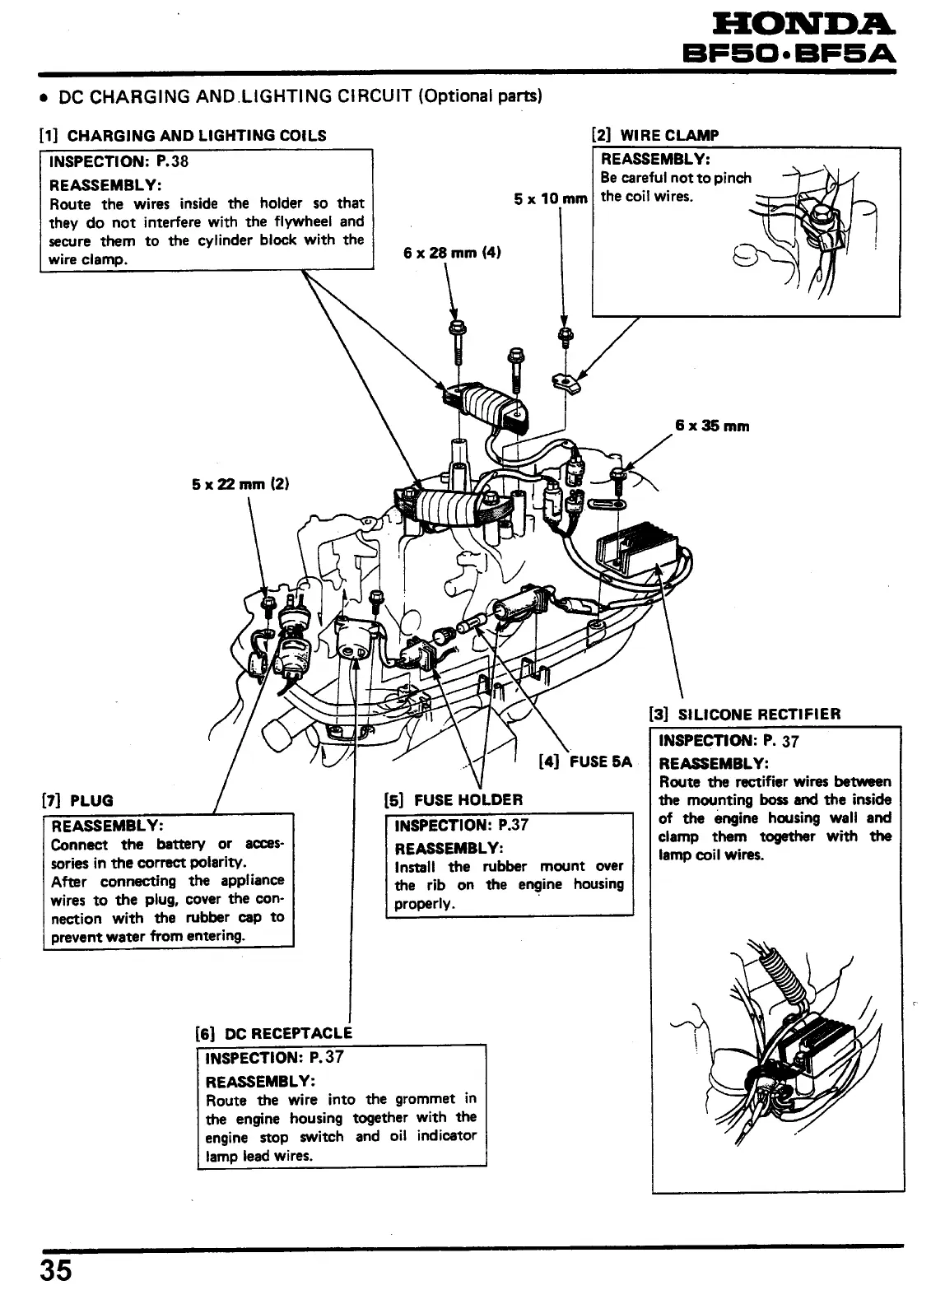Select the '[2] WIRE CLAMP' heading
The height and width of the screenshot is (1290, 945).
(x=655, y=136)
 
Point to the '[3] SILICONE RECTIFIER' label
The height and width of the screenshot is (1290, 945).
(x=745, y=714)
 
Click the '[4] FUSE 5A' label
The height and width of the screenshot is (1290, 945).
(x=585, y=761)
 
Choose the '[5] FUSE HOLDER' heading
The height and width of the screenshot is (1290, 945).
(x=453, y=799)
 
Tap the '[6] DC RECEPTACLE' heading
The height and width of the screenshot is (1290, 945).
(x=272, y=1033)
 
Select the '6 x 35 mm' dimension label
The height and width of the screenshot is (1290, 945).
(x=712, y=426)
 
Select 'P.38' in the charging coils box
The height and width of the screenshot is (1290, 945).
(x=173, y=161)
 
